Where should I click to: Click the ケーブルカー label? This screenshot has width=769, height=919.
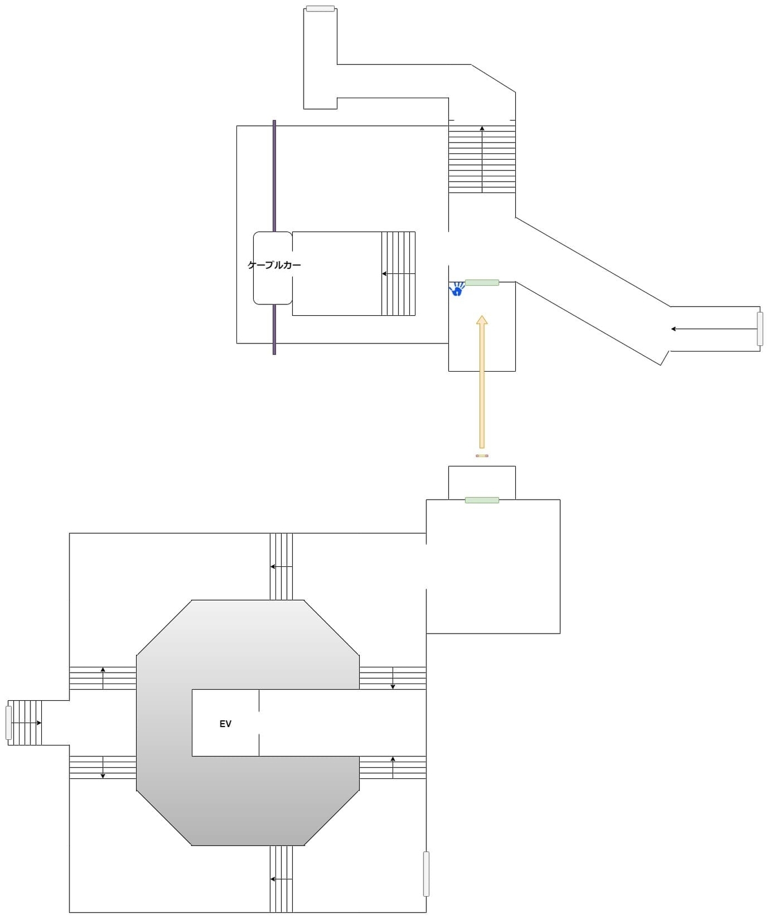point(274,265)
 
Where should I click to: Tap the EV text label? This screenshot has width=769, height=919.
point(226,724)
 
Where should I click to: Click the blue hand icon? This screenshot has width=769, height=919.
point(457,289)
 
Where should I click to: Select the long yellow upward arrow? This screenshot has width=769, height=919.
point(482,382)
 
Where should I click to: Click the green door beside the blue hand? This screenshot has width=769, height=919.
point(482,283)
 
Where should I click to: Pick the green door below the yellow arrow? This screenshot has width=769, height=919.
point(482,500)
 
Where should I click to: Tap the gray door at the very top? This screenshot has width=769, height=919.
point(320,9)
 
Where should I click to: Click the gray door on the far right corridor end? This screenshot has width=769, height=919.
point(760,329)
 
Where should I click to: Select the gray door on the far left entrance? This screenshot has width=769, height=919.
point(9,723)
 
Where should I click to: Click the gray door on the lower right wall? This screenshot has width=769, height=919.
point(426,874)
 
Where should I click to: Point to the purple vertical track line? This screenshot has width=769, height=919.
point(274,172)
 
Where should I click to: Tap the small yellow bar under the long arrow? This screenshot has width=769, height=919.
point(482,455)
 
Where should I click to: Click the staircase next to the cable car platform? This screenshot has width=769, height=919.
point(398,273)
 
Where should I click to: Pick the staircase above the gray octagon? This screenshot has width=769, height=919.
point(281,567)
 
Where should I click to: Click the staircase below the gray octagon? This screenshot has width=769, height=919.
point(281,879)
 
